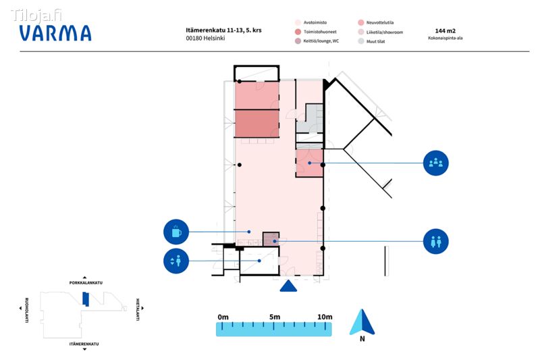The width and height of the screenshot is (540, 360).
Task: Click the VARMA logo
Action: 55,33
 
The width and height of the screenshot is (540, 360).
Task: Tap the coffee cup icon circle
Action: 176,232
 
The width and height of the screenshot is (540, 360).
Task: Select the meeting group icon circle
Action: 435,163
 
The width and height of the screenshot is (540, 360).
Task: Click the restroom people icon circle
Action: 435,241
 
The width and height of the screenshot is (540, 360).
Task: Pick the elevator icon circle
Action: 176,261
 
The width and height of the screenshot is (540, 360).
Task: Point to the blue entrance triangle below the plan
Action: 288,286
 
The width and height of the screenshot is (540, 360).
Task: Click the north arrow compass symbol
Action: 362,322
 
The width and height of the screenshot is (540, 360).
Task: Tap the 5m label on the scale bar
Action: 275,317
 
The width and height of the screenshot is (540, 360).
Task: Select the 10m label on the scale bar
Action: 325,317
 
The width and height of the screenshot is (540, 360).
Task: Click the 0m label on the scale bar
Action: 223,317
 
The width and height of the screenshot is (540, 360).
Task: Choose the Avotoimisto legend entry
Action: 311,22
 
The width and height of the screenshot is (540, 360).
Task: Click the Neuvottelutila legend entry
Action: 376,23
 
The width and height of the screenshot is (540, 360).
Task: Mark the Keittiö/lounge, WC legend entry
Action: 317,41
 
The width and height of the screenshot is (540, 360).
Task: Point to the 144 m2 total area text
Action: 446,30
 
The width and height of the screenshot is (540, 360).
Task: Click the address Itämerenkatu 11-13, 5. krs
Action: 223,30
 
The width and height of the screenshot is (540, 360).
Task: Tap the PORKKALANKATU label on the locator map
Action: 86,283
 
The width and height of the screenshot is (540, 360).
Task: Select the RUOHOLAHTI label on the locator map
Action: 27,310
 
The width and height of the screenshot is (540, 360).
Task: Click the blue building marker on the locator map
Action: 86,299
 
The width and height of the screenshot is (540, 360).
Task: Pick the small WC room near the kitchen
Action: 271,238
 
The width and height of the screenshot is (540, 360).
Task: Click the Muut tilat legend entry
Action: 371,41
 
